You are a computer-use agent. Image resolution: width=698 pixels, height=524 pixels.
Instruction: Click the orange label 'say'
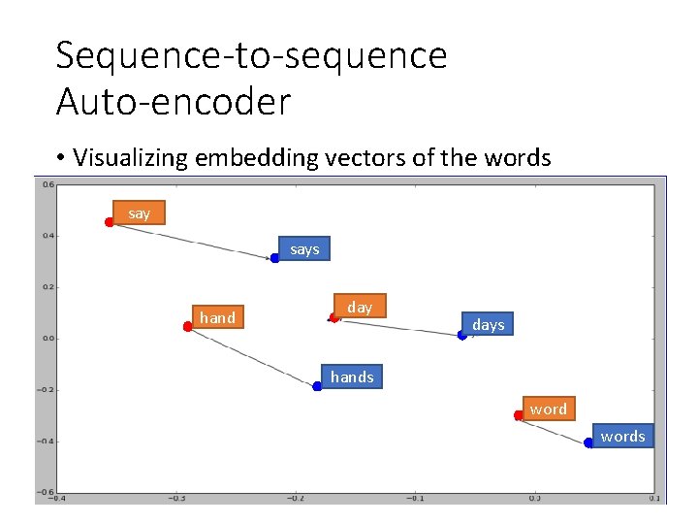[139, 213]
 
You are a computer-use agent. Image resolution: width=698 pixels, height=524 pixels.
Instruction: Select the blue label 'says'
[303, 249]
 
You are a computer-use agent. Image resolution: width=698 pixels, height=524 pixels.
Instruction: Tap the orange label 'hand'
[217, 317]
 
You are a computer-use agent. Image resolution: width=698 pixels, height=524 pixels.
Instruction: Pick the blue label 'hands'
[351, 377]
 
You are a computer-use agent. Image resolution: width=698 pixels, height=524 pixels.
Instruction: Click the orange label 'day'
[360, 307]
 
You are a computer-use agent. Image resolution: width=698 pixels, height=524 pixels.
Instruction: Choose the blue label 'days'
[488, 324]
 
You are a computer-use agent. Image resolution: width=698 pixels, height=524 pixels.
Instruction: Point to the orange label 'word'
[548, 409]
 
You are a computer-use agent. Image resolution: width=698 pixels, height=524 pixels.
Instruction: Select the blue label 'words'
[622, 436]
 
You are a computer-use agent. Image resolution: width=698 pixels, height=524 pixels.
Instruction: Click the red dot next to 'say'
[110, 222]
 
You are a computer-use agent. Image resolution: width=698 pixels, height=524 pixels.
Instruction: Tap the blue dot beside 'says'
[275, 258]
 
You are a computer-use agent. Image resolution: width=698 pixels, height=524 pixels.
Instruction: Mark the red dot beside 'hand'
[187, 327]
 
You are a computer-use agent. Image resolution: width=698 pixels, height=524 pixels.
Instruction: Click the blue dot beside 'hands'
[317, 386]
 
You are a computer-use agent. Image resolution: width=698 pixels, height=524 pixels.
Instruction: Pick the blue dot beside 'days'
[462, 335]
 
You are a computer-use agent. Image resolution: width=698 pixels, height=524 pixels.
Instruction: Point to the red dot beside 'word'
[519, 415]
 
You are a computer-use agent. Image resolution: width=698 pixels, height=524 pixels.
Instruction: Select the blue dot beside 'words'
[588, 443]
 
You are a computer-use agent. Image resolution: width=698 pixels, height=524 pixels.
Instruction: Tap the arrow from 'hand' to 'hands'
[252, 356]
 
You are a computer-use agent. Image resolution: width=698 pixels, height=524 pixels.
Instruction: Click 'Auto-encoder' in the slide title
[174, 101]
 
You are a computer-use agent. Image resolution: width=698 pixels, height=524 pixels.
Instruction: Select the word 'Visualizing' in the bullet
[131, 157]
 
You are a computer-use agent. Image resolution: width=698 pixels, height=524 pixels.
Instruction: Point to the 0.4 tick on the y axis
[47, 235]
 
